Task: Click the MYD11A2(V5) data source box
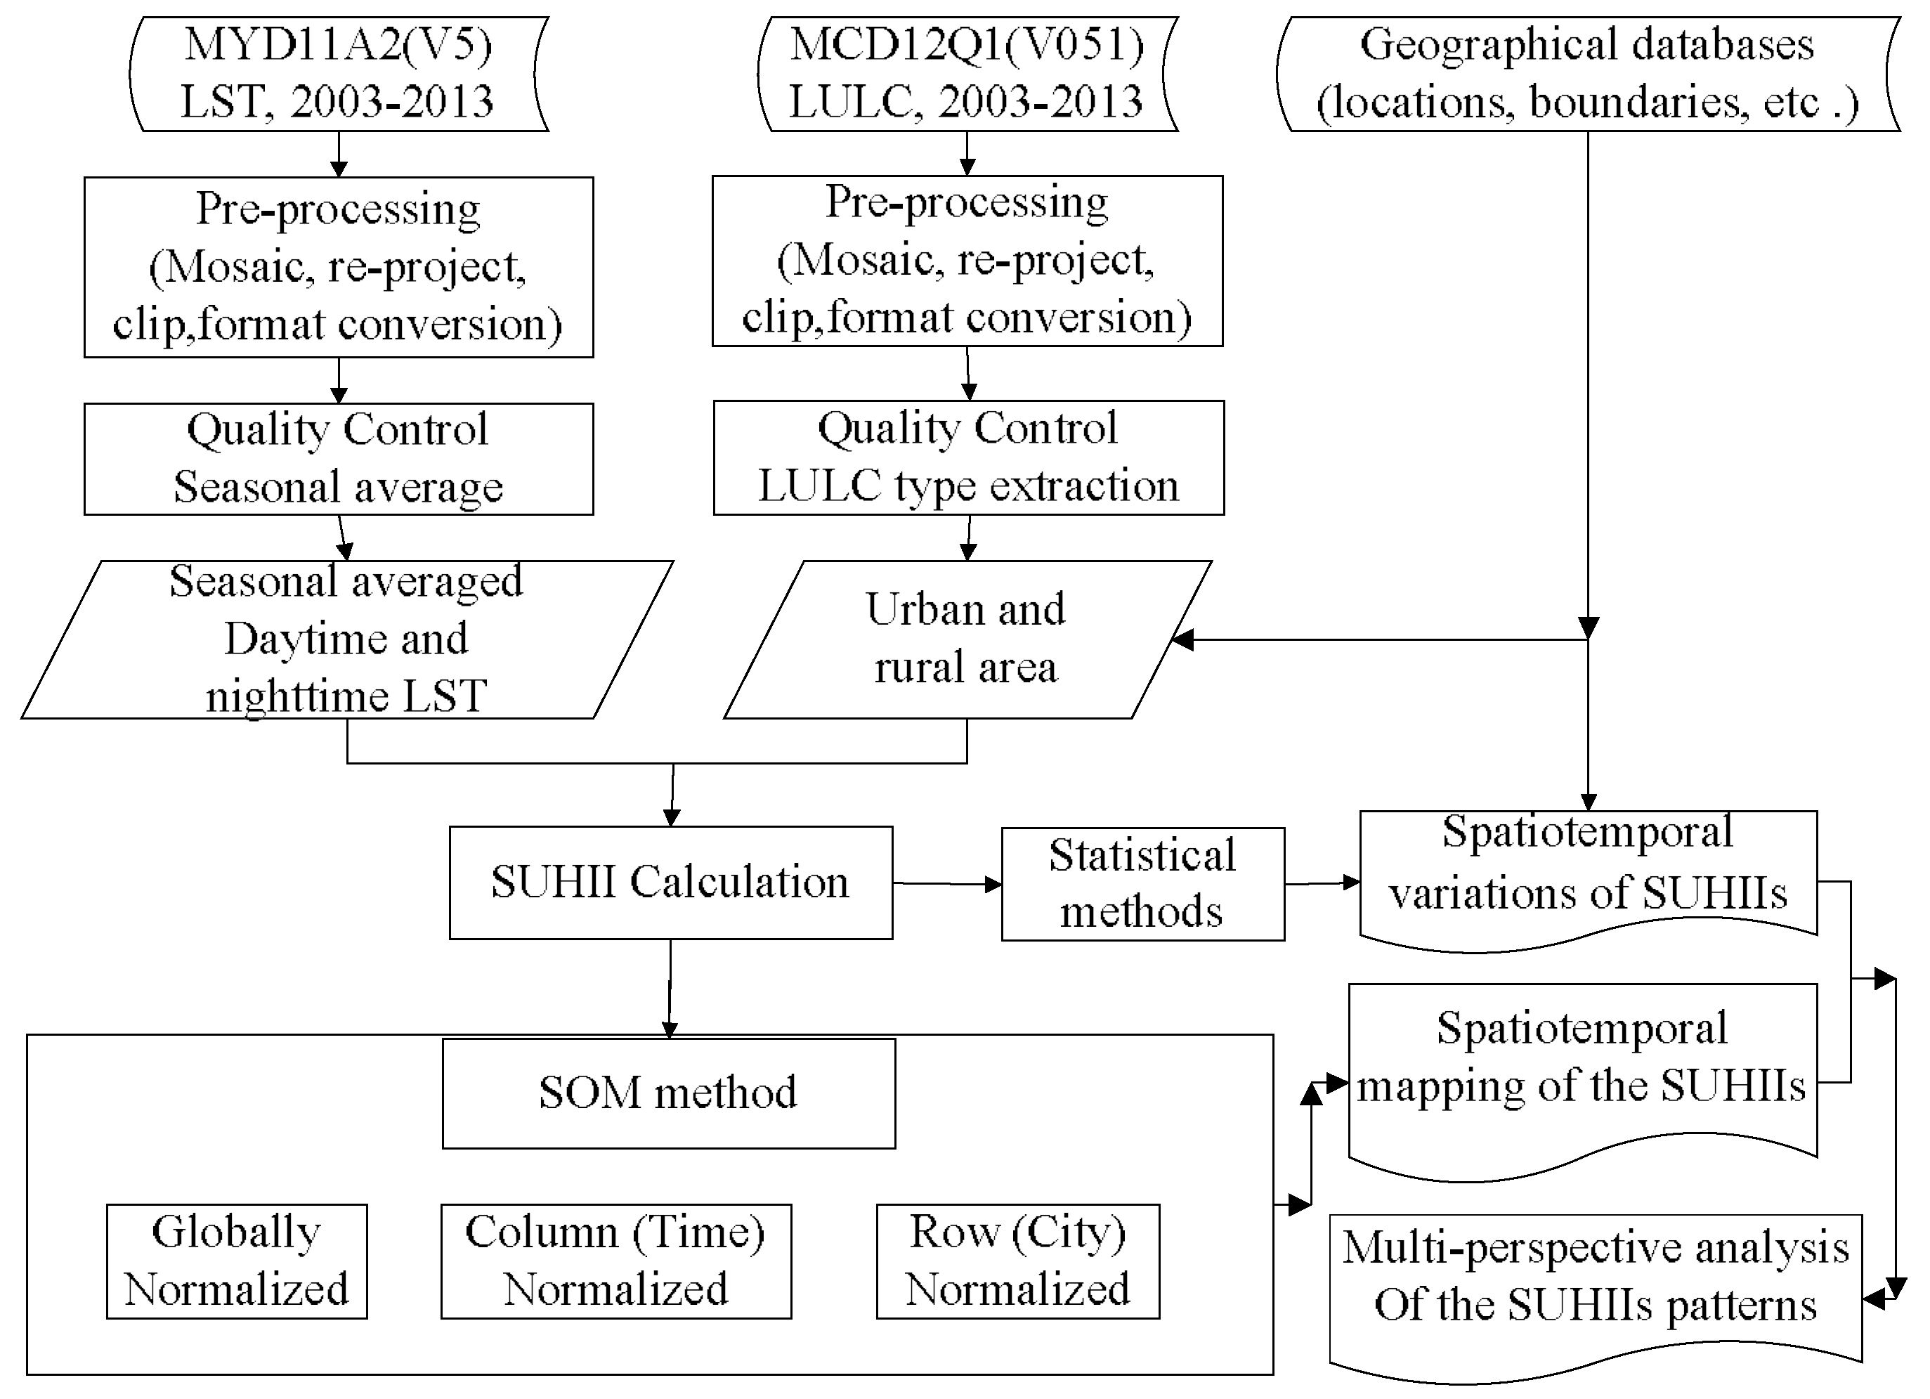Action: [x=338, y=74]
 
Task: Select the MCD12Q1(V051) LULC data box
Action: [x=967, y=74]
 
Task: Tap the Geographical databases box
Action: [x=1587, y=74]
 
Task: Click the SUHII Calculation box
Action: [x=670, y=883]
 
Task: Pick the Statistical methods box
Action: [x=1142, y=884]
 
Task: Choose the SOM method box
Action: [x=669, y=1093]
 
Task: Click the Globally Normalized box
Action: [x=237, y=1261]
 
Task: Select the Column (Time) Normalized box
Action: [x=615, y=1261]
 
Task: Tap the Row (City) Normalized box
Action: [x=1018, y=1261]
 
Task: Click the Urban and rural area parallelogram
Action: [x=967, y=639]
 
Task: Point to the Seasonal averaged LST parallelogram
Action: [x=346, y=639]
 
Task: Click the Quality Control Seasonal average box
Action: [x=338, y=459]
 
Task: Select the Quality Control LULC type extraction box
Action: [x=968, y=458]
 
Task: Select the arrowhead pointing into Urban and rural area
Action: [x=1183, y=640]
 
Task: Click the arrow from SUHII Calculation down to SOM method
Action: [x=670, y=987]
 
